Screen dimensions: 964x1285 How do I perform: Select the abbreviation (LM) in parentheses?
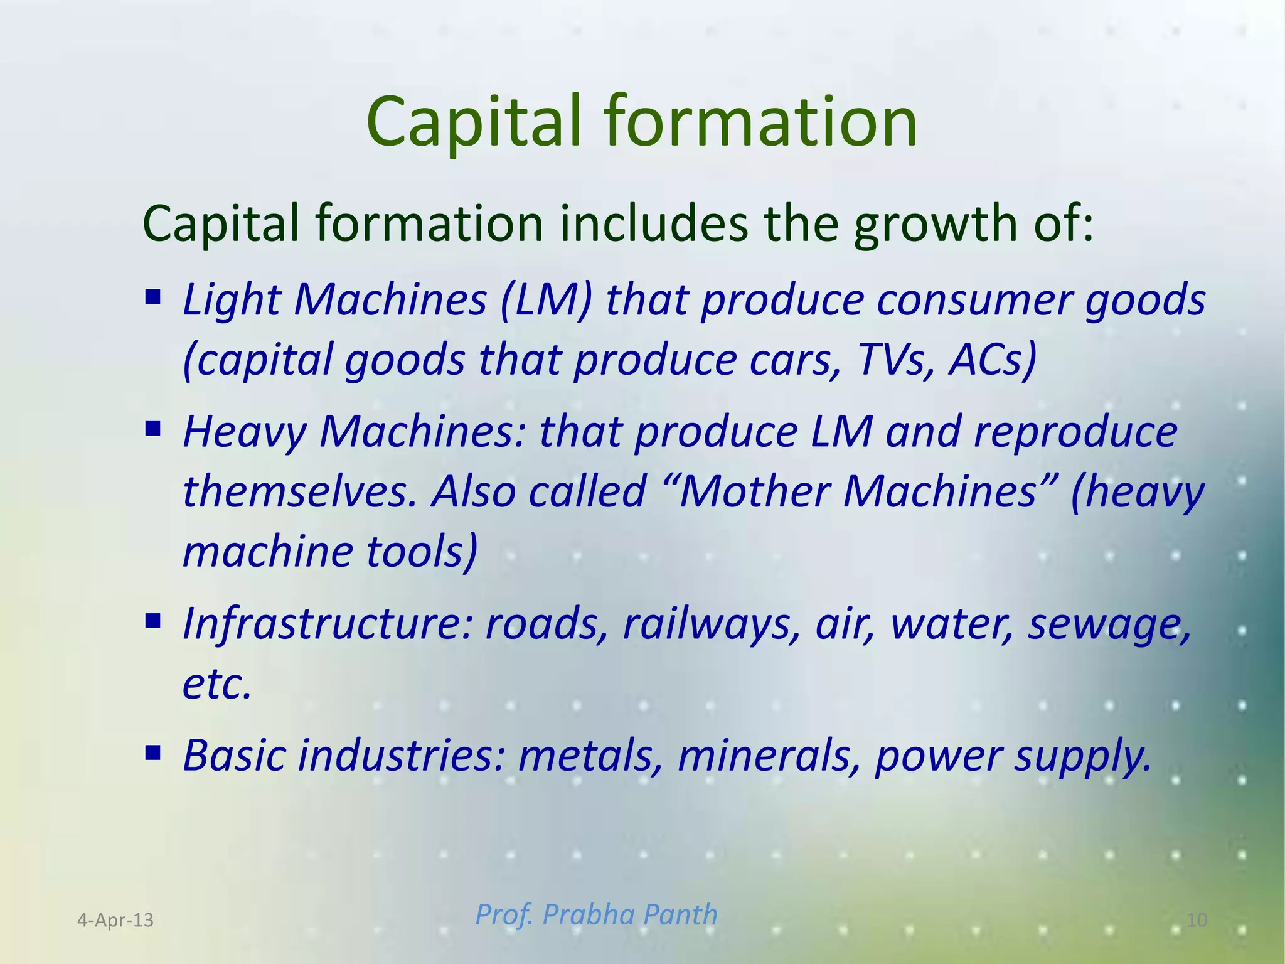(547, 299)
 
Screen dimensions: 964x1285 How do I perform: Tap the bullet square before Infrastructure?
(152, 621)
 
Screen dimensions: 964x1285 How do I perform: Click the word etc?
(217, 683)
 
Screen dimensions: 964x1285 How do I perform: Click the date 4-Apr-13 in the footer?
(115, 920)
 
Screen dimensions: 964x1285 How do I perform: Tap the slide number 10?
(1197, 920)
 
